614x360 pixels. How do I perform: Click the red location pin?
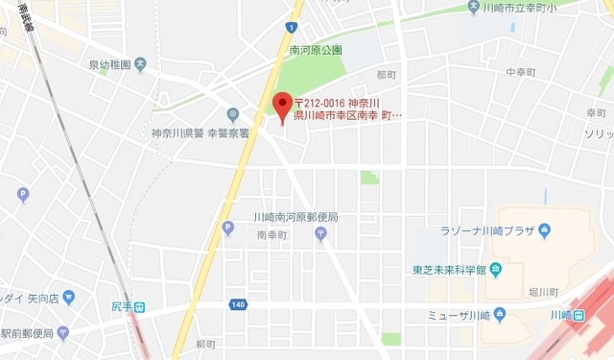click(282, 105)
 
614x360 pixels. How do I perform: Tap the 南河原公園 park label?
click(317, 50)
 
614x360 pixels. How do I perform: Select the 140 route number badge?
click(237, 304)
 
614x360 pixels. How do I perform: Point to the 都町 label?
click(387, 74)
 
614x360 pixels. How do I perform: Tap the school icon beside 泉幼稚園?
click(140, 64)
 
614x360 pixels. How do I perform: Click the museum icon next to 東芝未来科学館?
click(494, 269)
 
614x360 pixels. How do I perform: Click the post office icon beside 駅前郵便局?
click(62, 333)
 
